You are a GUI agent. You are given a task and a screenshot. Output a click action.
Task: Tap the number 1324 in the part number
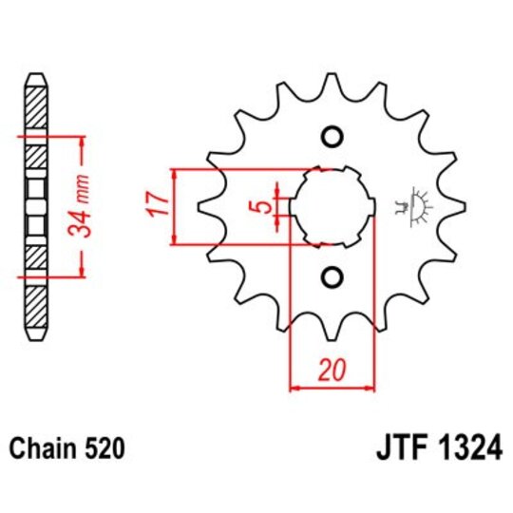(x=462, y=446)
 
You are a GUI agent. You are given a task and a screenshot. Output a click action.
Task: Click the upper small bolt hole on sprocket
(x=332, y=136)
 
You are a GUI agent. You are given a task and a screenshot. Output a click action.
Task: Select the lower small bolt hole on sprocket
(x=332, y=276)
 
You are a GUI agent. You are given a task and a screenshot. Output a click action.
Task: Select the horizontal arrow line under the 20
(x=331, y=388)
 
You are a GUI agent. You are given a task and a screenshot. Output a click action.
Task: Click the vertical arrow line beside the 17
(x=175, y=206)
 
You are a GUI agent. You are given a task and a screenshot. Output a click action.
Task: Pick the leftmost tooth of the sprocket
(x=202, y=206)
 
